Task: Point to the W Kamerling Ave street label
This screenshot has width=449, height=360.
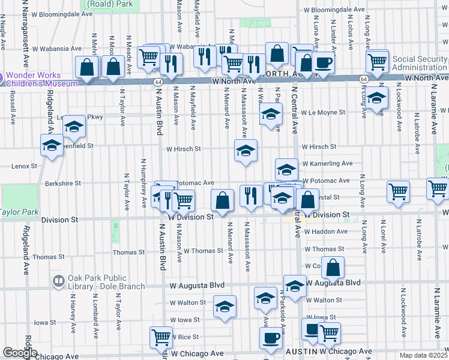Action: point(327,163)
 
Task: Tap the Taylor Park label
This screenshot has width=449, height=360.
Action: point(19,212)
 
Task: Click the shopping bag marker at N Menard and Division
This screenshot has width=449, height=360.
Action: point(223,201)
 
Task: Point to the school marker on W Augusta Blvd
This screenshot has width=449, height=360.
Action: point(295,287)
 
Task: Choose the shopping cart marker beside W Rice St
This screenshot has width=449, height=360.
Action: point(161,338)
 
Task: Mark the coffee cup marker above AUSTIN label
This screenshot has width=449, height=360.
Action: point(271,337)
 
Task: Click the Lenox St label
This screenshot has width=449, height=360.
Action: point(25,166)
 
